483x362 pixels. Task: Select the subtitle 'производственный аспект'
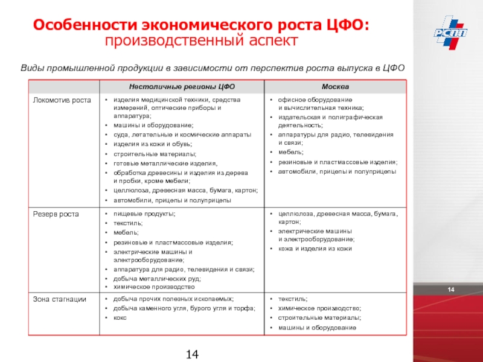tap(202, 42)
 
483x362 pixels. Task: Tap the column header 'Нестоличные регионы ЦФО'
tap(181, 87)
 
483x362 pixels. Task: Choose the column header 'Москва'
tap(334, 87)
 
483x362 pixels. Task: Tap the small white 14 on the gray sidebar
tap(450, 292)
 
